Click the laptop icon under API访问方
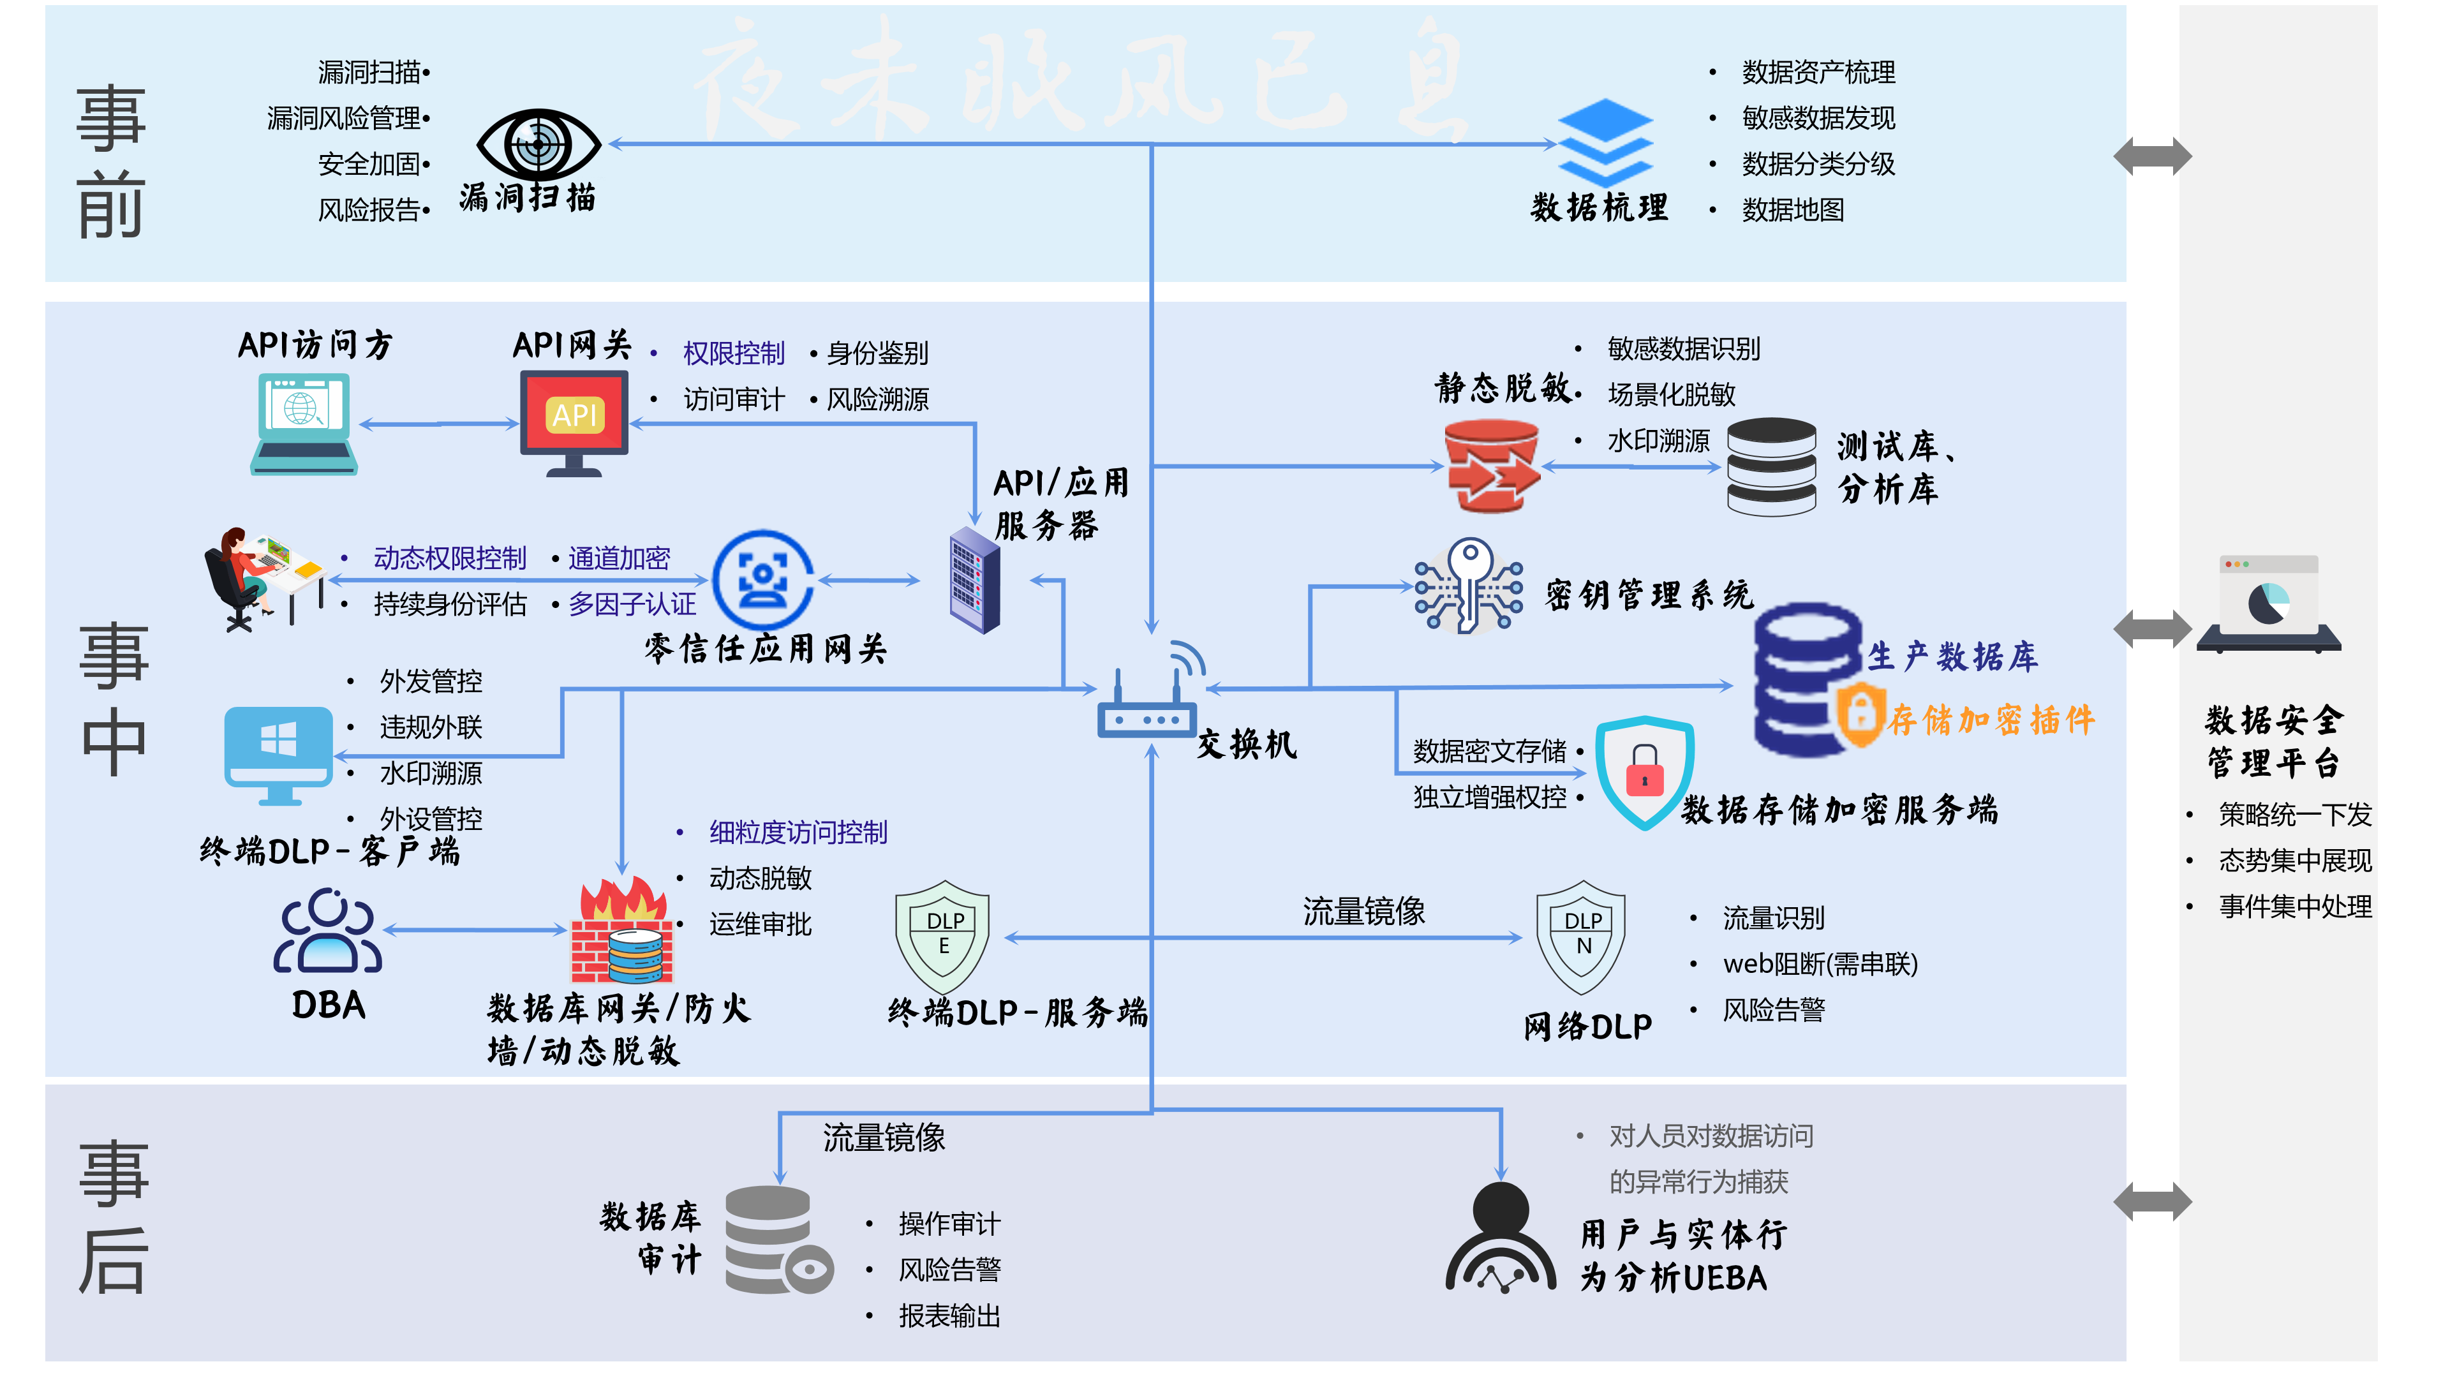(304, 423)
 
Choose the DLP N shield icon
(1582, 937)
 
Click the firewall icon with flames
(622, 932)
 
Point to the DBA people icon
(328, 932)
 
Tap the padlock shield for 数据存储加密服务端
(1644, 772)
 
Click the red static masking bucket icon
(1491, 466)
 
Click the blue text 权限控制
(733, 354)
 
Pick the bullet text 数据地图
(1793, 210)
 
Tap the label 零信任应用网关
(766, 649)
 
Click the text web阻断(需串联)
(1820, 965)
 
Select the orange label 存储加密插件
(1991, 720)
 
